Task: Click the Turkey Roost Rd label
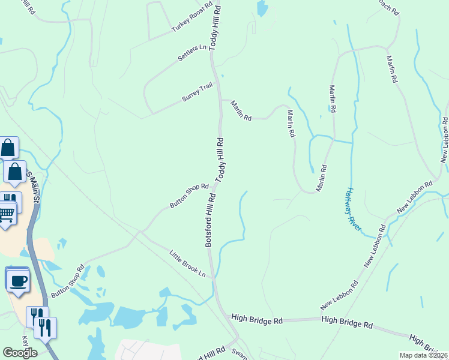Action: [x=192, y=18]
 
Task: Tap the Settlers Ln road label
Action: [x=192, y=53]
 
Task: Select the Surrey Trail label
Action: [x=197, y=93]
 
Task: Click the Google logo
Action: [x=20, y=353]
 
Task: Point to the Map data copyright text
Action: [x=424, y=355]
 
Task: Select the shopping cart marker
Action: [x=7, y=213]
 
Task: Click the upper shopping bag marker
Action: [x=8, y=147]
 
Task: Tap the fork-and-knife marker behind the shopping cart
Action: [x=11, y=199]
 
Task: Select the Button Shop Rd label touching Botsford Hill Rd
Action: [x=188, y=196]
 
